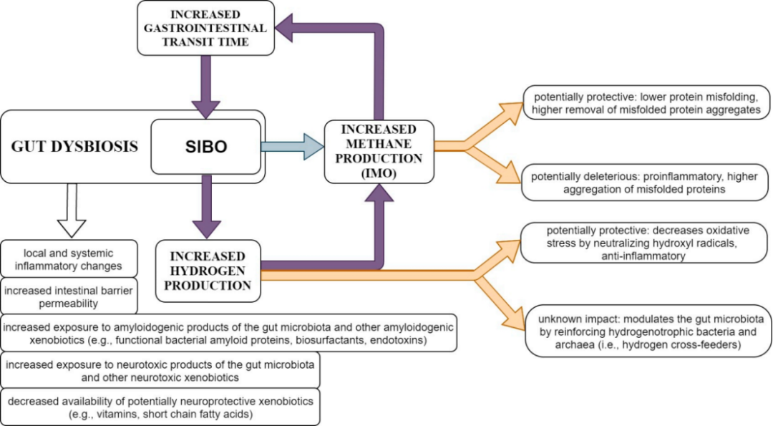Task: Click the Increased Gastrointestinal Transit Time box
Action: coord(206,28)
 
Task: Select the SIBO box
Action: coord(206,147)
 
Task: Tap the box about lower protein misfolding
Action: coord(646,102)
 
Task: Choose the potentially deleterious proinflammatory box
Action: coord(646,183)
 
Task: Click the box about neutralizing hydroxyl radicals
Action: coord(646,243)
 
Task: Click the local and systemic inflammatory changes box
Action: coord(69,259)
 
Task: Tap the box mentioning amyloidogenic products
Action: coord(229,333)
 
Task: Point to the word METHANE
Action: coord(379,144)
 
